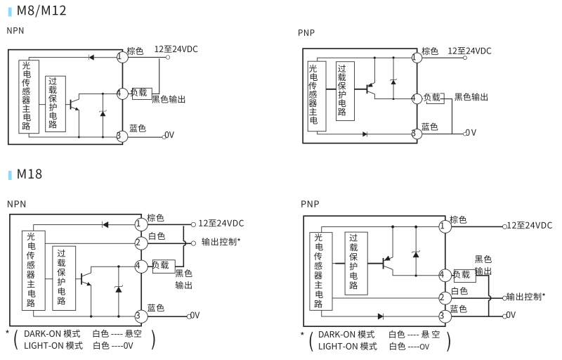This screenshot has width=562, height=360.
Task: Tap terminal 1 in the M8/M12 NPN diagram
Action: [122, 56]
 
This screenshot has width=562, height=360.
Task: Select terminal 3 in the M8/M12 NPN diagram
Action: [121, 136]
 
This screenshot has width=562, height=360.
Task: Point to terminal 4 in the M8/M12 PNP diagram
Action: [417, 98]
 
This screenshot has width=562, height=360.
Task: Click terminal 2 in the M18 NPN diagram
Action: [141, 243]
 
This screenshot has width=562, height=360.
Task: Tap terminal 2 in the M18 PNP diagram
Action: [444, 298]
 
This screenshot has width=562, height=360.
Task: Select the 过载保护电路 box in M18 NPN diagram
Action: [63, 278]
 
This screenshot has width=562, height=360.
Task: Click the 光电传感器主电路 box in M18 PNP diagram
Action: [320, 271]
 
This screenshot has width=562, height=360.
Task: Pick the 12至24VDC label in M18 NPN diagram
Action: [221, 224]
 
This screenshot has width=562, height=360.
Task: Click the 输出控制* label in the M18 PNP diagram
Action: [526, 297]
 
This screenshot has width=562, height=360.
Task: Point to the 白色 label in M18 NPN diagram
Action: [157, 236]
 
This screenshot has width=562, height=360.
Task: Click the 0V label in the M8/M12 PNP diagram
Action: [470, 132]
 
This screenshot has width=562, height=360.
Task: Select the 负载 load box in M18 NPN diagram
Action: [163, 266]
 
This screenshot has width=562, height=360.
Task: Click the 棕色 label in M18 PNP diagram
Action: [459, 219]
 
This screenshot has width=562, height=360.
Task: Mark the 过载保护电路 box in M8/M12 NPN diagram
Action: [55, 103]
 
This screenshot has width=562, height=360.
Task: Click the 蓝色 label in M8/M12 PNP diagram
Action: [429, 127]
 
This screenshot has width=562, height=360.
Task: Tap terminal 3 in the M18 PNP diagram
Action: [444, 316]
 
